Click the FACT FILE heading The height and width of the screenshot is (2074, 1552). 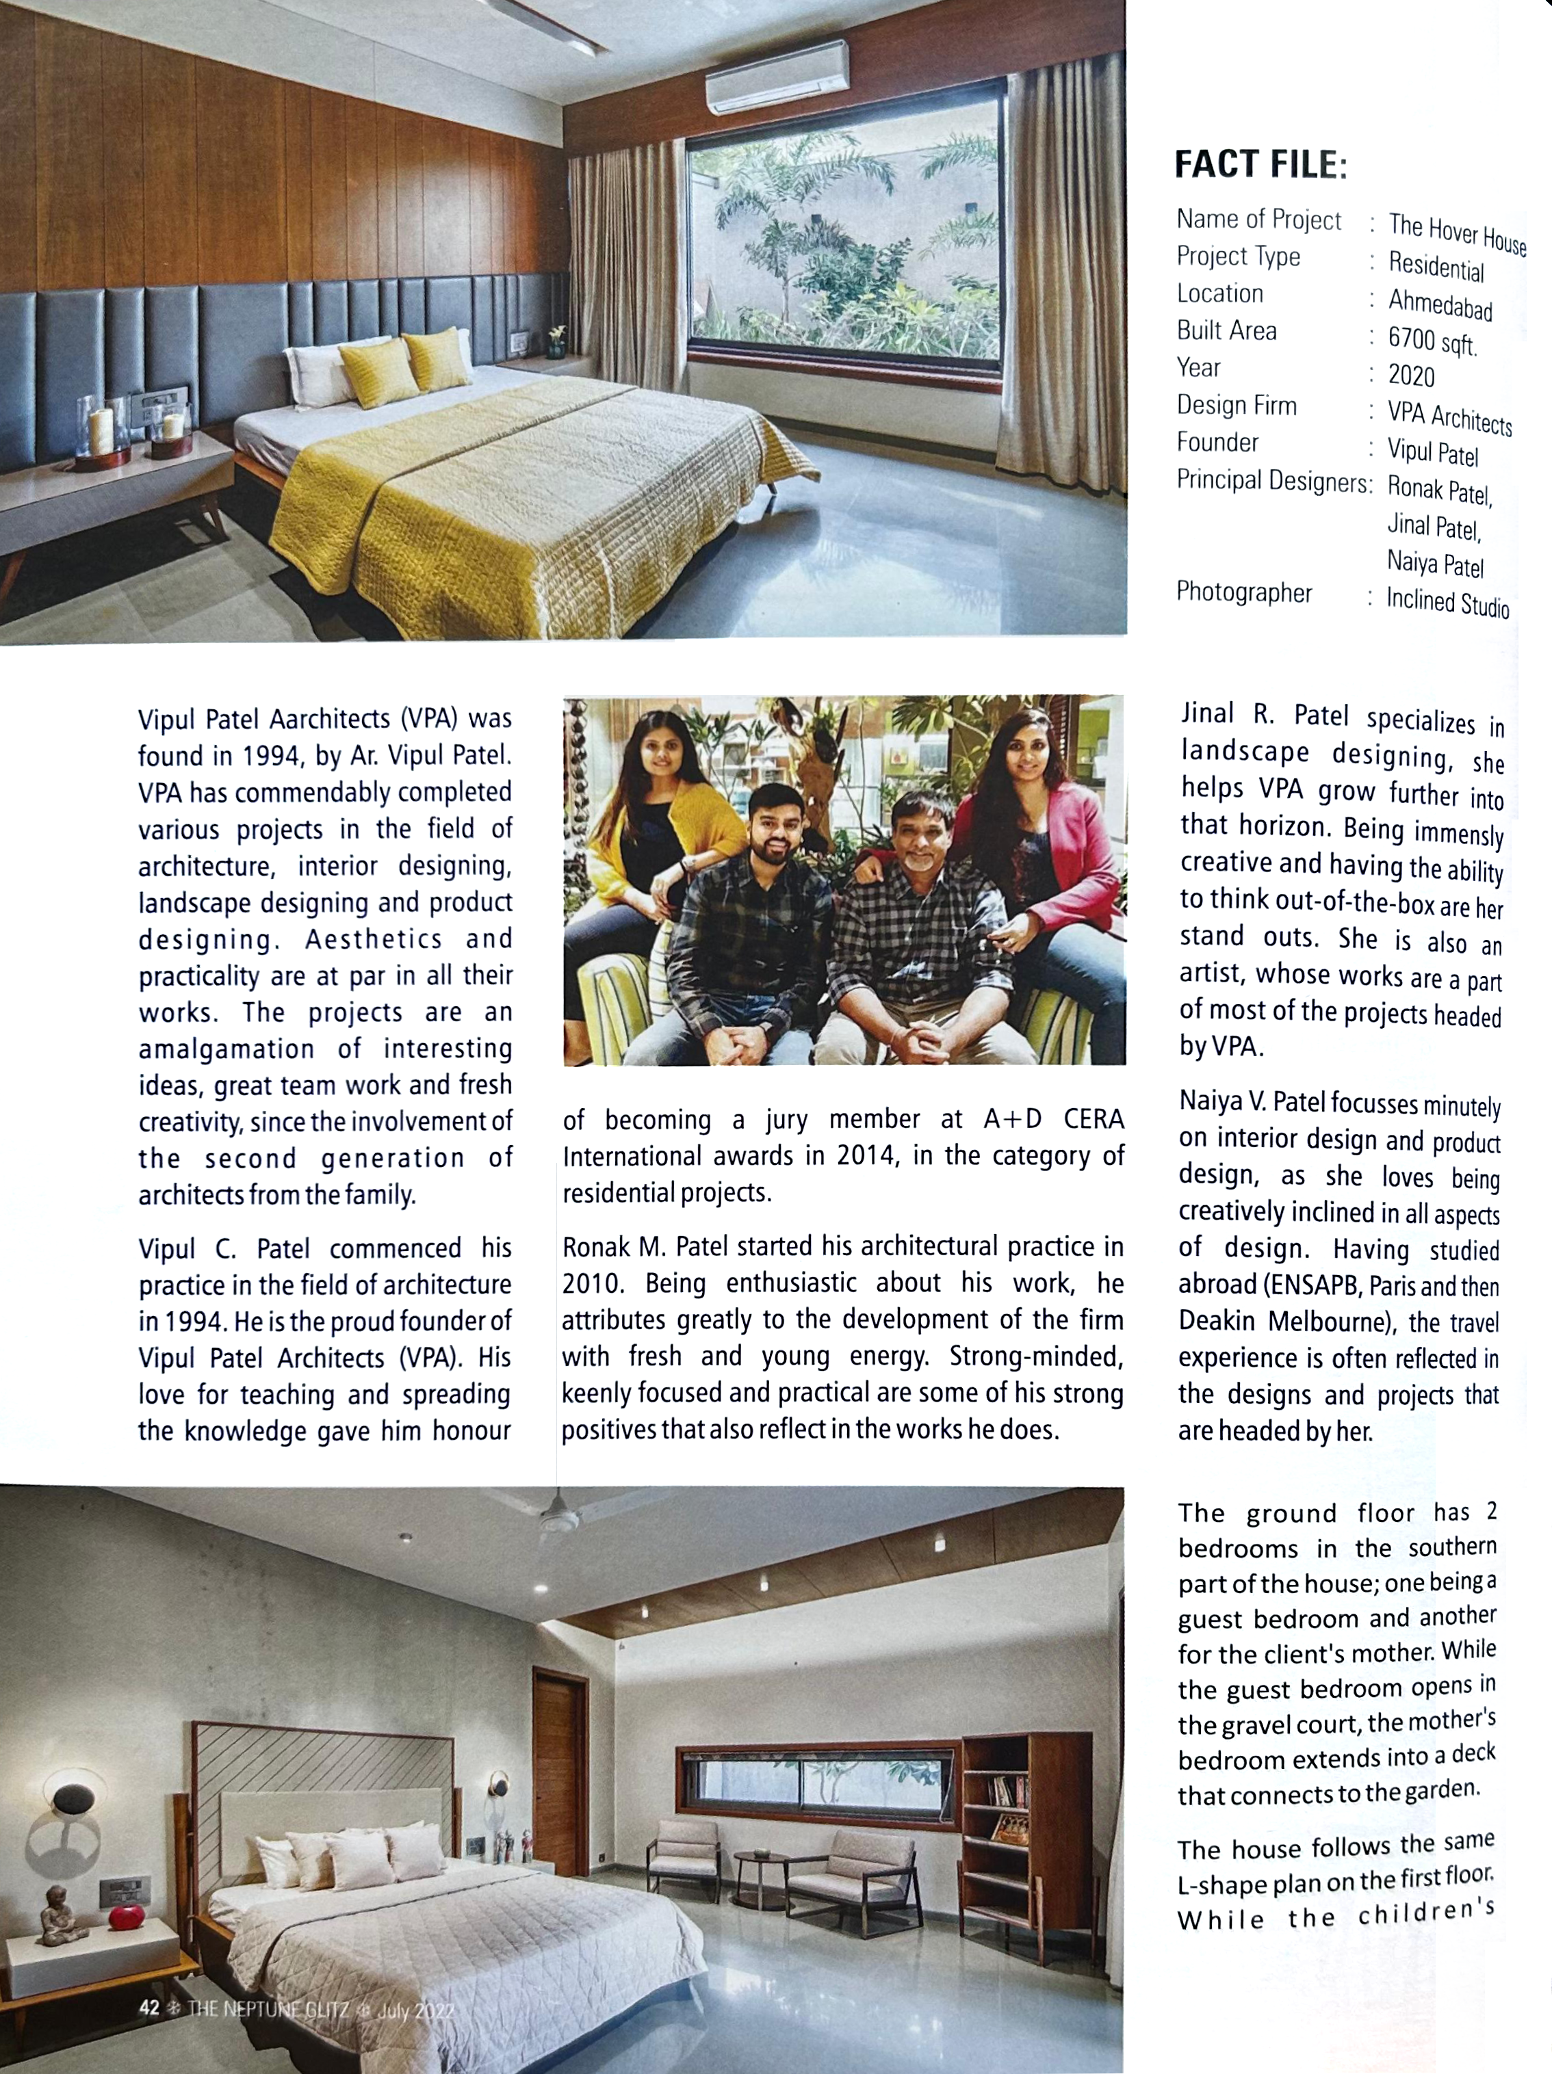pyautogui.click(x=1260, y=164)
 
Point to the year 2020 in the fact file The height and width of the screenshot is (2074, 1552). pyautogui.click(x=1411, y=376)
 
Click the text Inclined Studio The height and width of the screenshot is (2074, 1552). pyautogui.click(x=1447, y=603)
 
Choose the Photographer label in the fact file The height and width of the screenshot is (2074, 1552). pyautogui.click(x=1243, y=592)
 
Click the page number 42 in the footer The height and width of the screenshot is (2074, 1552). pyautogui.click(x=148, y=2008)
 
